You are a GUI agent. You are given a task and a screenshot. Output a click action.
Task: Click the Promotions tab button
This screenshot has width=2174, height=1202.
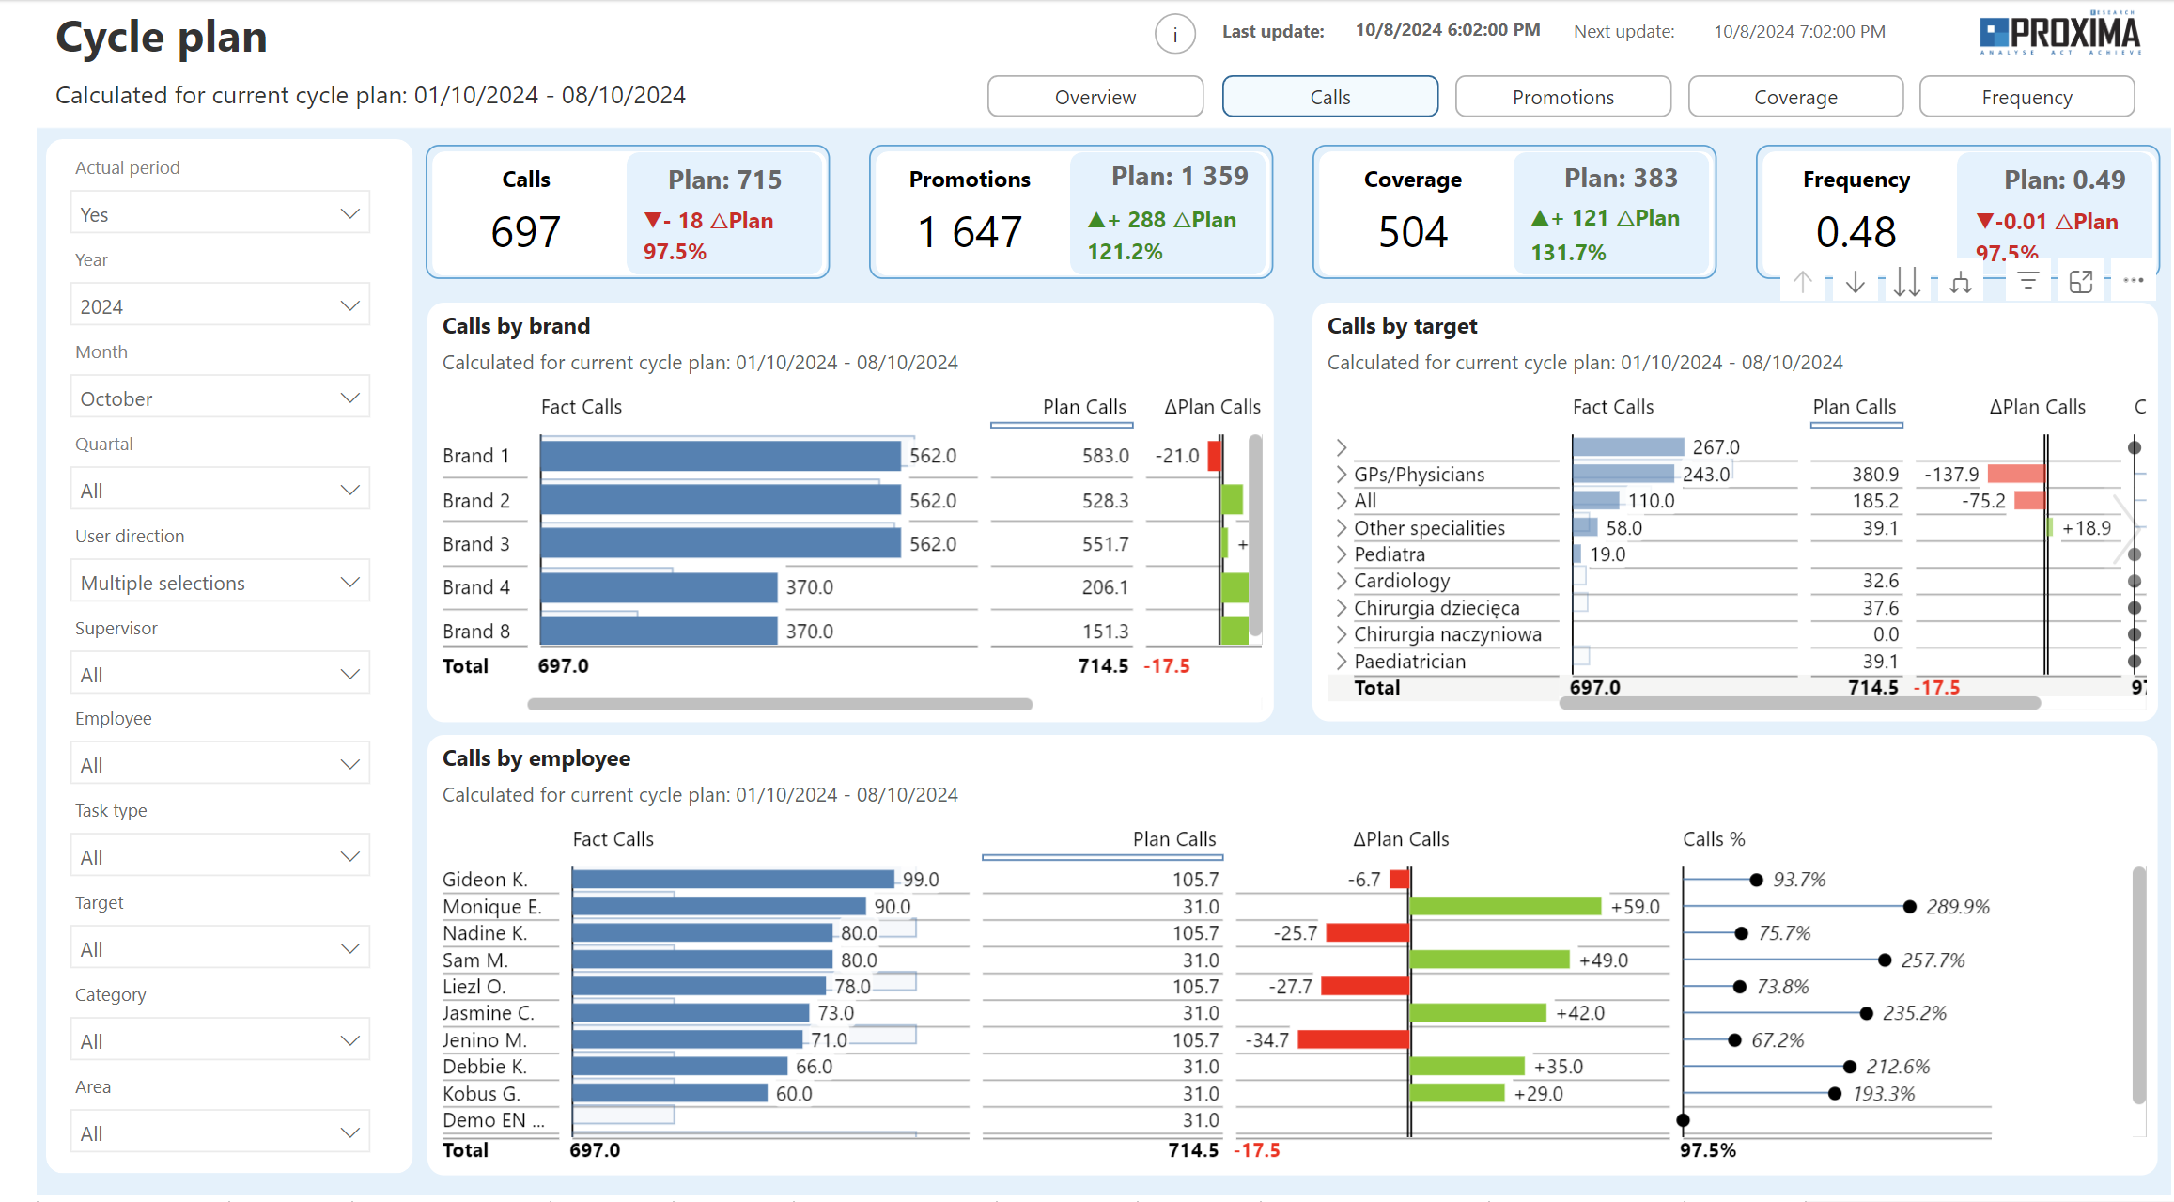coord(1562,97)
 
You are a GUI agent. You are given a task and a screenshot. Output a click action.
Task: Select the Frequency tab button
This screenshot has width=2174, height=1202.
coord(2026,97)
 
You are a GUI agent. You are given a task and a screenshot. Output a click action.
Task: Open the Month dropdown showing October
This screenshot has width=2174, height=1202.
coord(220,398)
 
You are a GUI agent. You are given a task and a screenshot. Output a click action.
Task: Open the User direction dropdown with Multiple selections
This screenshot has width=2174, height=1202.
coord(220,583)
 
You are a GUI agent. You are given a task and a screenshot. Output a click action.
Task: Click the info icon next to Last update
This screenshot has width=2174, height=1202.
coord(1174,35)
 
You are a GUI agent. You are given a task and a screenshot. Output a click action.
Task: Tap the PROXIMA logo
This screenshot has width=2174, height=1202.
coord(2059,34)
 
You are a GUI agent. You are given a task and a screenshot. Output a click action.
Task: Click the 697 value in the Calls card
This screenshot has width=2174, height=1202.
coord(525,232)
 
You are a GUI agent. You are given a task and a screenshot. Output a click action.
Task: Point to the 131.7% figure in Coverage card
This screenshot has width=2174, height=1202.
coord(1568,253)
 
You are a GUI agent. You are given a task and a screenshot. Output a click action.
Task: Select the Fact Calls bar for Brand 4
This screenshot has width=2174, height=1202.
coord(658,587)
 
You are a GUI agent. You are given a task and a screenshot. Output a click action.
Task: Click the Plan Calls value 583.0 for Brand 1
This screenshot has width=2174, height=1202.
coord(1105,456)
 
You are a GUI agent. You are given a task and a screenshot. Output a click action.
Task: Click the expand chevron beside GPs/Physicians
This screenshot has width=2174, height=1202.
coord(1342,475)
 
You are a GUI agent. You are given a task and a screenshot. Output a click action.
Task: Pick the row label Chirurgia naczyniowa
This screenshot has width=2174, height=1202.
coord(1447,634)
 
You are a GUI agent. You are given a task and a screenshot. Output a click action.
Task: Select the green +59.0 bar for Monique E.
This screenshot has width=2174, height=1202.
coord(1505,906)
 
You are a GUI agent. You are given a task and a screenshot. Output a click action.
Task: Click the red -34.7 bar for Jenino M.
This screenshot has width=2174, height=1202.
coord(1353,1039)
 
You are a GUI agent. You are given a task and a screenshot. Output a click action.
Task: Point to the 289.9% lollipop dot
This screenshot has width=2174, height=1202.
coord(1909,907)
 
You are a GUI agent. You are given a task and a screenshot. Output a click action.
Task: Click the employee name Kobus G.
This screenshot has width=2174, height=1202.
coord(481,1094)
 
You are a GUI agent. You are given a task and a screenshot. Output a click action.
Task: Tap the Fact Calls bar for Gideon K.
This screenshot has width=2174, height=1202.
coord(733,879)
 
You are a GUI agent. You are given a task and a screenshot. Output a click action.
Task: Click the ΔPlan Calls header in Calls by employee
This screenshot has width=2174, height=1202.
coord(1400,839)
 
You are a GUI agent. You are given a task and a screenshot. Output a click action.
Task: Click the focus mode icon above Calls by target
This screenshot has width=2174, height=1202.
coord(2080,282)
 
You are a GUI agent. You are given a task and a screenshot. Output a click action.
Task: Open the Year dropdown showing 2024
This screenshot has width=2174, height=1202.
coord(220,306)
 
